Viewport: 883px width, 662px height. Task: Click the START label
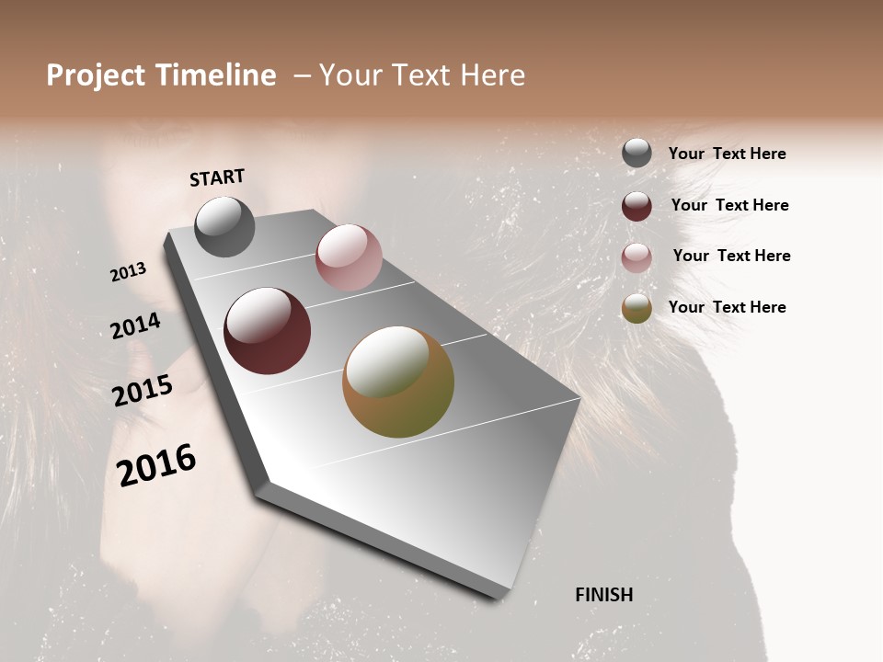217,177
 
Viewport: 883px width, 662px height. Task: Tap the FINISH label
603,595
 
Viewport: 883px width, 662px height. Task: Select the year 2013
129,271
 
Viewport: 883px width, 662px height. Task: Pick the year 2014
135,325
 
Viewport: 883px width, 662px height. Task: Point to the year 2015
143,391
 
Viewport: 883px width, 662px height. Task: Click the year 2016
156,465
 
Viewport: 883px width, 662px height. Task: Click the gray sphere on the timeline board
224,227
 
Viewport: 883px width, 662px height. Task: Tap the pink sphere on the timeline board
349,257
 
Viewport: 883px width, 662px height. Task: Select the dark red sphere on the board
267,331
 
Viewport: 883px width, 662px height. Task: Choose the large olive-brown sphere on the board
398,382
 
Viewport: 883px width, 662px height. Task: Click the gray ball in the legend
636,154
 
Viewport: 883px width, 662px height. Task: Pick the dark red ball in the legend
636,206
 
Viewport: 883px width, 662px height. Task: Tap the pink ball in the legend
636,257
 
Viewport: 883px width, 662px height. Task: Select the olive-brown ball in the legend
636,308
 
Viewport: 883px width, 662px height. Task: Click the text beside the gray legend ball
727,154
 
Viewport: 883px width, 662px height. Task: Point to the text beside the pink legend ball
731,256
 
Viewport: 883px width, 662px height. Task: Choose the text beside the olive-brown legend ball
727,307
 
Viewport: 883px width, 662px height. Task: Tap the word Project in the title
95,75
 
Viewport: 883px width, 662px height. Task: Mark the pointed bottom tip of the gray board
499,595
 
